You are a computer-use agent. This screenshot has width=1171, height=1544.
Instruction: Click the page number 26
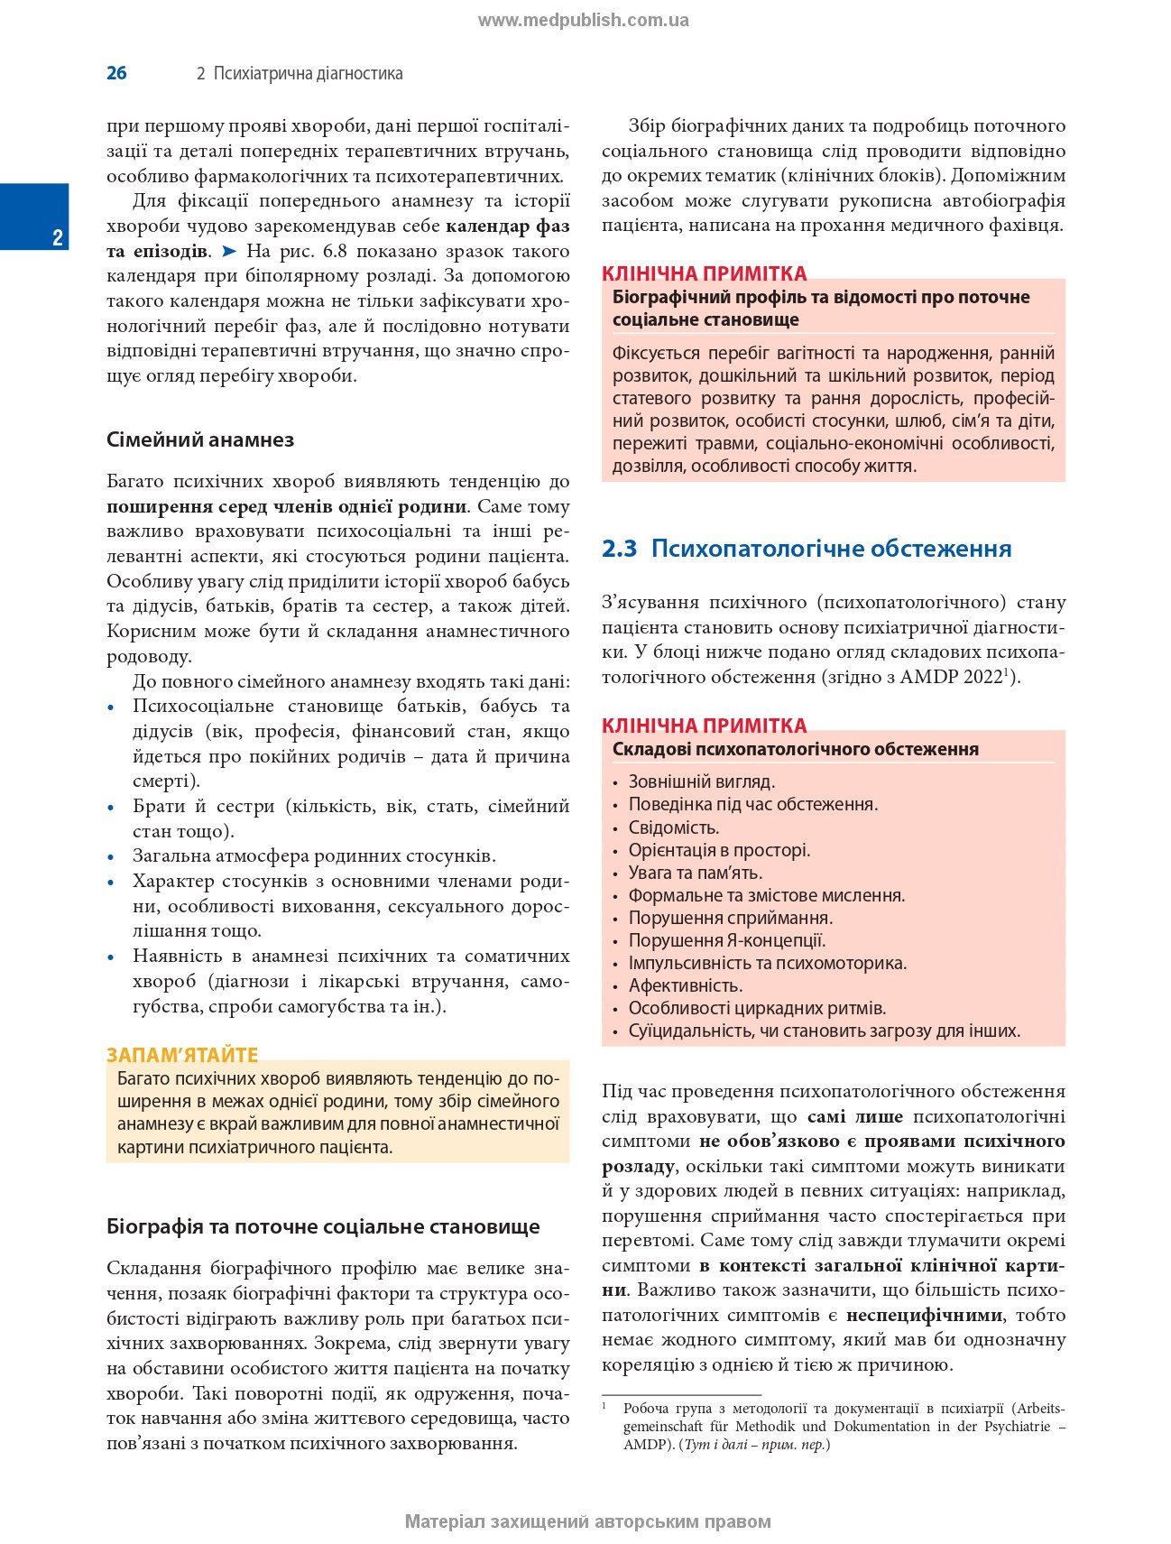coord(116,73)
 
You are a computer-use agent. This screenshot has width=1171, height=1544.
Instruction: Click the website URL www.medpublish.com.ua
coord(583,20)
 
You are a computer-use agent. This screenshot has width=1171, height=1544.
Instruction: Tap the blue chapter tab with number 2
coord(34,217)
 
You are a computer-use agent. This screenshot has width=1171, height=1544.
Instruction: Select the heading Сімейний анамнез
coord(200,440)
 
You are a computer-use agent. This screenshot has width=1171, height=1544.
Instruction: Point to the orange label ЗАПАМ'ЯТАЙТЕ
coord(182,1054)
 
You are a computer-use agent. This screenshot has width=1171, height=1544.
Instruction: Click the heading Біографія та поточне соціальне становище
coord(323,1226)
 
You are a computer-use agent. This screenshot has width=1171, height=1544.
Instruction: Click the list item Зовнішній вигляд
coord(701,781)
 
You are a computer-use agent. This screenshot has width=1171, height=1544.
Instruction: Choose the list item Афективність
coord(686,985)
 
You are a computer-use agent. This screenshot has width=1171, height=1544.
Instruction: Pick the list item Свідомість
coord(674,827)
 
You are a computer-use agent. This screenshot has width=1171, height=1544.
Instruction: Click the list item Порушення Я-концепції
coord(727,940)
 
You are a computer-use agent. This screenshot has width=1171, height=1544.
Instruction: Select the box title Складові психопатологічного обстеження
coord(795,749)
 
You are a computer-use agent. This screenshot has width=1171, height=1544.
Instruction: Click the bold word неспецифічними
coord(924,1315)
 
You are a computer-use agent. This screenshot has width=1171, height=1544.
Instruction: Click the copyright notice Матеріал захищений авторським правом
coord(587,1521)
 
